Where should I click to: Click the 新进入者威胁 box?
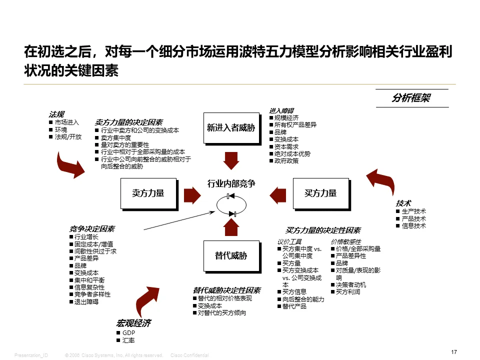[x=230, y=127]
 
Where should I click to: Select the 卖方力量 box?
[x=148, y=193]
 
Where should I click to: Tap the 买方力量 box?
[x=320, y=193]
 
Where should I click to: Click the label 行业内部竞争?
[x=231, y=184]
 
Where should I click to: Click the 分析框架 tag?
[x=411, y=98]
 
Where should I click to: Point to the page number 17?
[x=454, y=352]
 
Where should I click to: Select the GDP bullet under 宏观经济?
[x=129, y=333]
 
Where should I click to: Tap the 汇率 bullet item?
[x=128, y=340]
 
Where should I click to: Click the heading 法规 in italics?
[x=56, y=114]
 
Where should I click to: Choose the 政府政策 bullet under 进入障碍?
[x=286, y=161]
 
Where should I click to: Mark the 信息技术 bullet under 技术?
[x=413, y=226]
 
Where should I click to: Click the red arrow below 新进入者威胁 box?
[x=231, y=160]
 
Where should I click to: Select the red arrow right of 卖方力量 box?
[x=192, y=193]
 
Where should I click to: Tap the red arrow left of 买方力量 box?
[x=276, y=193]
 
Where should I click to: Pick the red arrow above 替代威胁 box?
[x=231, y=227]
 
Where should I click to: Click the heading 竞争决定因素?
[x=92, y=229]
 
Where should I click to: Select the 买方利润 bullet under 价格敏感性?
[x=348, y=292]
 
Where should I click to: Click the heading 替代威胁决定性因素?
[x=226, y=290]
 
